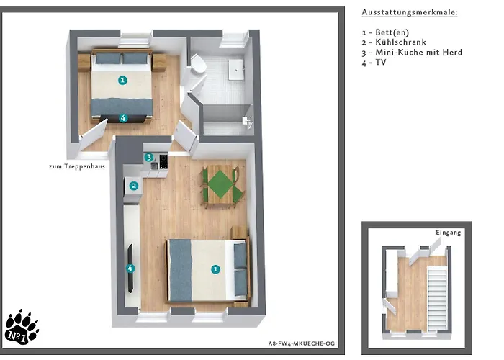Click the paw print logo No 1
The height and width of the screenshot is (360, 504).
22,328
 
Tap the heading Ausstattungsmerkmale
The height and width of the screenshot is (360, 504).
410,12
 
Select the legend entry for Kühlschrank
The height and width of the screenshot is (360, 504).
394,42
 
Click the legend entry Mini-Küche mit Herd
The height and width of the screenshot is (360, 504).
412,53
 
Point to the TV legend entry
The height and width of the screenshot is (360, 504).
374,63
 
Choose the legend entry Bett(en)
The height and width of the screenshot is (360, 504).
385,32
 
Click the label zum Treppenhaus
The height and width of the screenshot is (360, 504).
77,166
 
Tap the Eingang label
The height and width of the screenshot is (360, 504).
448,233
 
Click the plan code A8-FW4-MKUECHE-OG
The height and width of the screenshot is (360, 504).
301,343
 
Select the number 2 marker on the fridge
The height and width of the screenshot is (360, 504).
134,186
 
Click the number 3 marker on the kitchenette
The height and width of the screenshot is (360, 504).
148,157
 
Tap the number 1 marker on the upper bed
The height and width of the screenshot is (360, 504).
122,80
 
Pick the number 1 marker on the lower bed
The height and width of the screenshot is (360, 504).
215,269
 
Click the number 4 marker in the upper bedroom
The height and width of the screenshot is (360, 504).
123,118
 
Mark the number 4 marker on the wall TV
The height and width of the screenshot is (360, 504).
130,269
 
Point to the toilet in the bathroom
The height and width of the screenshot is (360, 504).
198,63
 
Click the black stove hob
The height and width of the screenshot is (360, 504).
163,162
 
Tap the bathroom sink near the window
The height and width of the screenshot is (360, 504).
236,69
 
